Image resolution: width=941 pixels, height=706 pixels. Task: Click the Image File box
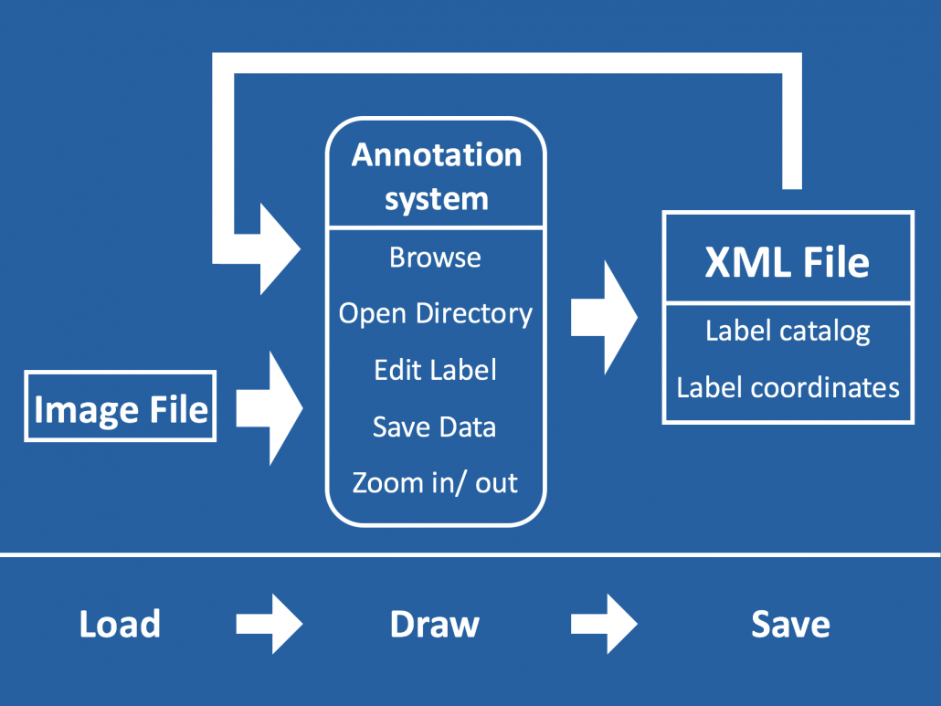(120, 406)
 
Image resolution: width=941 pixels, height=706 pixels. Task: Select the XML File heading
(787, 261)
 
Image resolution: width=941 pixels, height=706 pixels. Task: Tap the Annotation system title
(436, 176)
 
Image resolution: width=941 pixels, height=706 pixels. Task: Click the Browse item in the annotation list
(435, 258)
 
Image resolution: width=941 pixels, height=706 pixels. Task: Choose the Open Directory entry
(435, 313)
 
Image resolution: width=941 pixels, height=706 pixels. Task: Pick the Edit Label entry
(435, 370)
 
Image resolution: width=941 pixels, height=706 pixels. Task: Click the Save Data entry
(434, 427)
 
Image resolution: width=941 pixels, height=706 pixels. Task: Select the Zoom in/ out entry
(435, 482)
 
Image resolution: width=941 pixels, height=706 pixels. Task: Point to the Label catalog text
(787, 331)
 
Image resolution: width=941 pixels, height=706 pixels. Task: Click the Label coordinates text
(788, 387)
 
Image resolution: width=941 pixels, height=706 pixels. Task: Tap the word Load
(120, 625)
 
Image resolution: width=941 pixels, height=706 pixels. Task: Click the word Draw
(434, 625)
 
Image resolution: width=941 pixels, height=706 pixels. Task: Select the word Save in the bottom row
(790, 625)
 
